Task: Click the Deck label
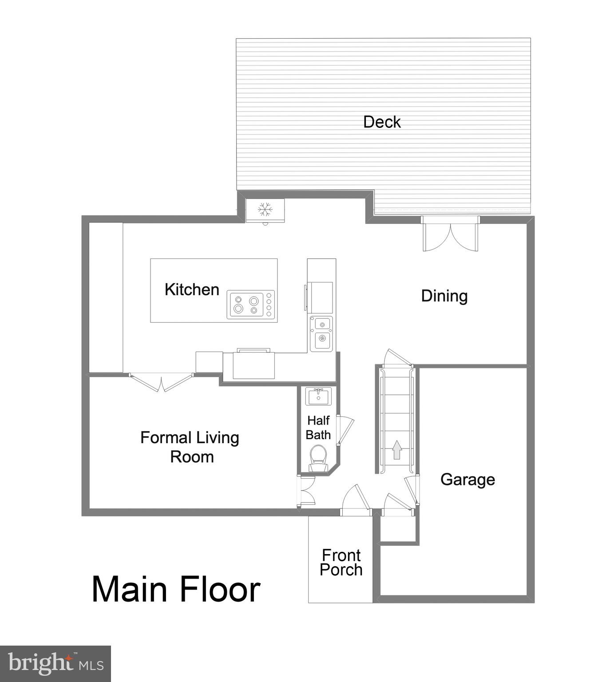[381, 122]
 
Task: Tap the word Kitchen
[192, 289]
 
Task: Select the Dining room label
[444, 296]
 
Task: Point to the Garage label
[467, 480]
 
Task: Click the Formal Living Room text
[190, 447]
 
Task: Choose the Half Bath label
[318, 428]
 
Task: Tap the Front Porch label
[341, 563]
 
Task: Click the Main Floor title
[176, 589]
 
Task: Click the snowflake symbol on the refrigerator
[265, 209]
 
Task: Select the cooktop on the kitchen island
[251, 305]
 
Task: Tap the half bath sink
[318, 396]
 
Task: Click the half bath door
[345, 429]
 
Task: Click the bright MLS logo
[55, 664]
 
